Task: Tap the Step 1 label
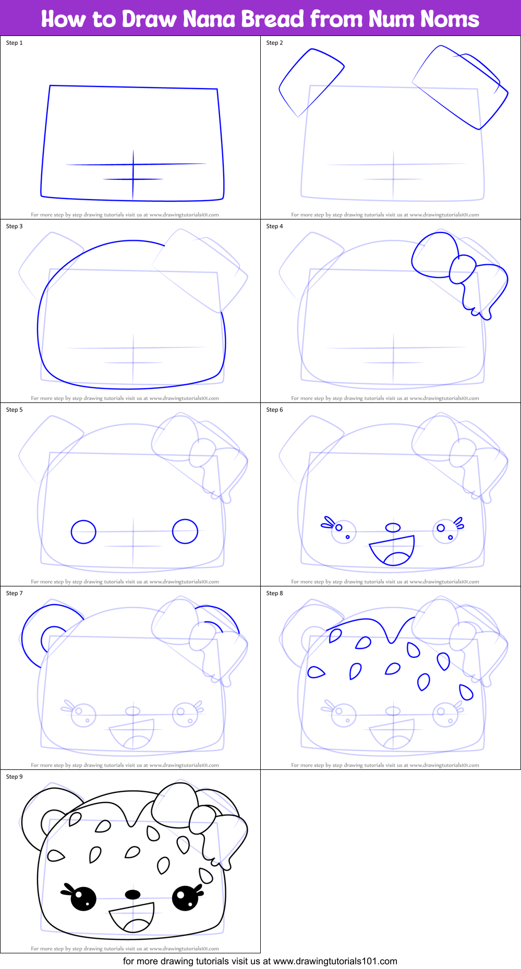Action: [x=14, y=43]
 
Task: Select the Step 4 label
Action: [x=274, y=226]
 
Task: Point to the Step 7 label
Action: [x=14, y=593]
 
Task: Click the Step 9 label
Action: [x=14, y=777]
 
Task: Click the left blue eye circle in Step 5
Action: [x=83, y=532]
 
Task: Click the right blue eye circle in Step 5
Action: [x=185, y=532]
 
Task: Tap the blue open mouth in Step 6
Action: [x=393, y=550]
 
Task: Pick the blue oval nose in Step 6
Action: [x=393, y=528]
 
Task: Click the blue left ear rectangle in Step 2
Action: [x=311, y=82]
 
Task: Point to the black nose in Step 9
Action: [x=133, y=894]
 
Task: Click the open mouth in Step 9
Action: [x=132, y=917]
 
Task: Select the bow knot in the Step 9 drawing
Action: [x=202, y=819]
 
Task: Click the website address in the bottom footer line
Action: [x=335, y=961]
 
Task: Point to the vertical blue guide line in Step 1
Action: [x=133, y=175]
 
